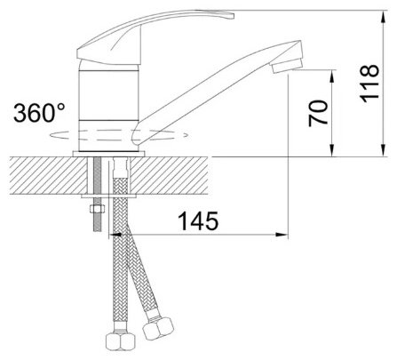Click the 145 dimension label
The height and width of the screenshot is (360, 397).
[x=199, y=221]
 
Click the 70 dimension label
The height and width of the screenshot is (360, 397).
[x=318, y=113]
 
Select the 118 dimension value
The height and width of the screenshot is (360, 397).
[x=369, y=84]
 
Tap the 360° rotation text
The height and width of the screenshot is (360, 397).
[x=39, y=113]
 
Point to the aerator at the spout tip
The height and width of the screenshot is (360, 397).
[x=287, y=65]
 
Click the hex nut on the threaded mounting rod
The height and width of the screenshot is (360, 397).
[x=97, y=209]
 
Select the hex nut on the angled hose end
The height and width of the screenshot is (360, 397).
[x=158, y=328]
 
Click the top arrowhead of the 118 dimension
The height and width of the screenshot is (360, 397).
[x=384, y=16]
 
